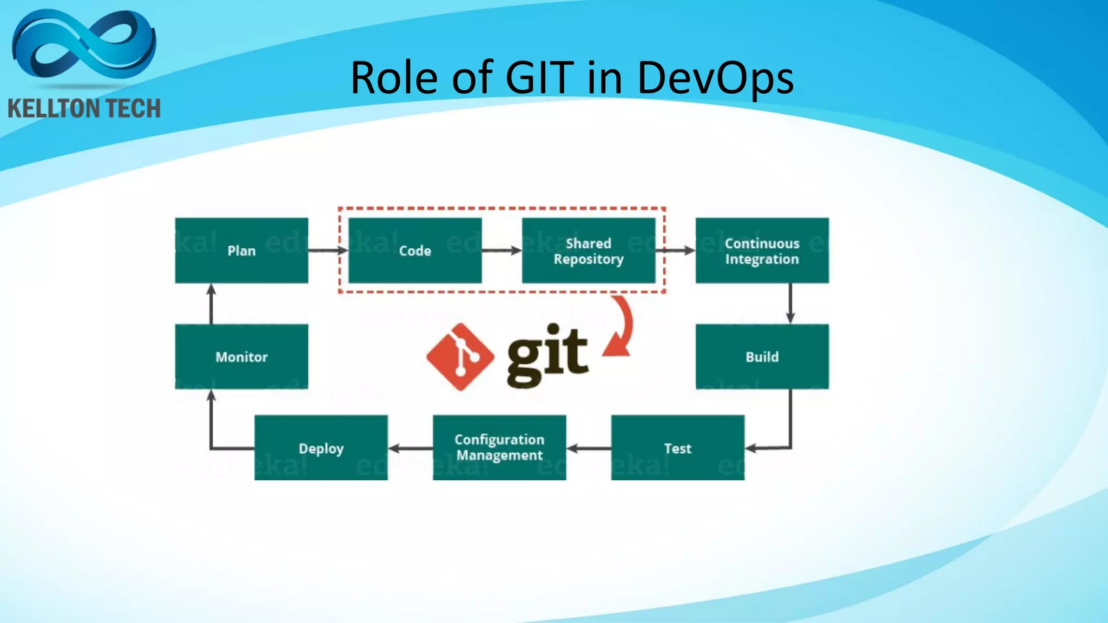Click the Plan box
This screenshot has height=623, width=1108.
241,250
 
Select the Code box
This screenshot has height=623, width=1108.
415,250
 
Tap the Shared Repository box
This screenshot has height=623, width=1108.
589,250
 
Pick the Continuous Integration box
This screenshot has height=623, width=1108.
762,250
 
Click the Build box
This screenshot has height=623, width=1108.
762,356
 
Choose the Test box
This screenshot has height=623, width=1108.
677,448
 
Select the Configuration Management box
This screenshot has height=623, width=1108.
499,448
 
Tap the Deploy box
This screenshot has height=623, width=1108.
321,448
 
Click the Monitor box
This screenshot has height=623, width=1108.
241,356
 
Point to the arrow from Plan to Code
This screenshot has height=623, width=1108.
328,250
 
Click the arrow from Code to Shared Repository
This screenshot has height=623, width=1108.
502,250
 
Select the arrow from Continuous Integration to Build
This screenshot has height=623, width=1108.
790,303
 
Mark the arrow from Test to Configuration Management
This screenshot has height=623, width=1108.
589,448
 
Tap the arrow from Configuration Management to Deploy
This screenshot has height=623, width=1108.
410,448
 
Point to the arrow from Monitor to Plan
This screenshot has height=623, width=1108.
211,304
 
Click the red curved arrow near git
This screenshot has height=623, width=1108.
622,327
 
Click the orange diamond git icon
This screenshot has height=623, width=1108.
460,357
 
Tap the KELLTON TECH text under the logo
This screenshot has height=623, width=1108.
84,109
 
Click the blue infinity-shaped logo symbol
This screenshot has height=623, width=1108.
84,46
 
